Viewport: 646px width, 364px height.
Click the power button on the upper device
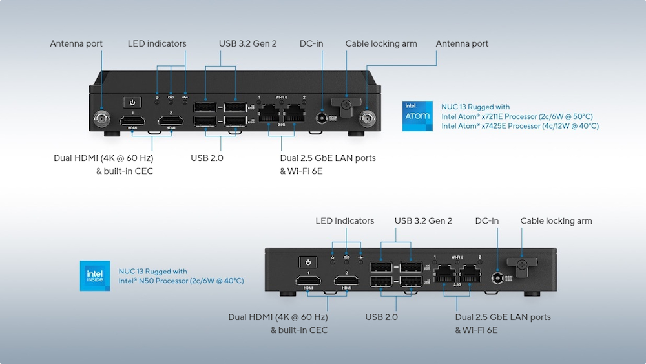[132, 102]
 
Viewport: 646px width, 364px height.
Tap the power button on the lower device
[308, 262]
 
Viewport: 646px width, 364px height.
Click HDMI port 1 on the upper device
[132, 120]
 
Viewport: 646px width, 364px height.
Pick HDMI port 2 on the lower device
[346, 281]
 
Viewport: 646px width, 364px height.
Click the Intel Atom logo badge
[417, 116]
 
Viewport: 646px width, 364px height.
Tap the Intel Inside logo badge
[95, 276]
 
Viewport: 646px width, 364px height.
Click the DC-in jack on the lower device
[498, 278]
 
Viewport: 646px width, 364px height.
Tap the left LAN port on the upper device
[269, 114]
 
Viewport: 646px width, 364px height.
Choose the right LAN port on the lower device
[470, 274]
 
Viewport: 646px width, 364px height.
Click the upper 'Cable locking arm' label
[381, 44]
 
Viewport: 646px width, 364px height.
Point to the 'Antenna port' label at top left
[76, 44]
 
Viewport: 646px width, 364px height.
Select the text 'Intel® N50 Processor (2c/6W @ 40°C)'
[181, 281]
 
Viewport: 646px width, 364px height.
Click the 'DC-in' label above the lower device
[487, 221]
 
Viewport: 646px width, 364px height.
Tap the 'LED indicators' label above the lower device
[344, 221]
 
